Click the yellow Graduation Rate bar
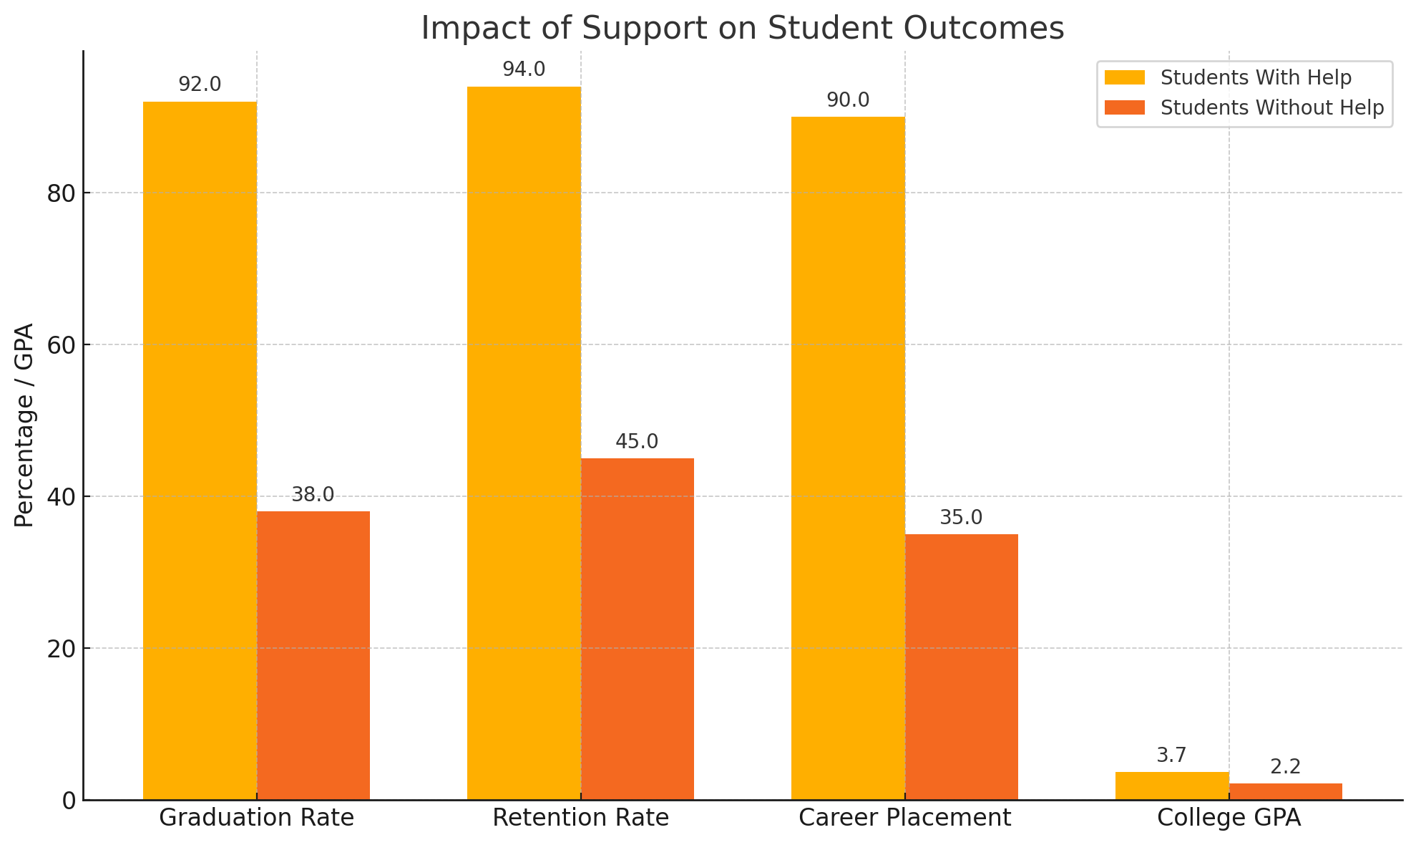[x=200, y=450]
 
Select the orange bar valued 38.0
[x=313, y=655]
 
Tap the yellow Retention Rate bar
[x=524, y=443]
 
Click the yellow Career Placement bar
[x=848, y=458]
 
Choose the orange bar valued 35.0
[x=962, y=667]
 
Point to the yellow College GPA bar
[x=1172, y=786]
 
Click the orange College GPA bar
[x=1286, y=791]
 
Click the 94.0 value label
[x=524, y=69]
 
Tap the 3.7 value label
[x=1172, y=755]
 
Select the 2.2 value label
[x=1286, y=767]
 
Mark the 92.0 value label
[x=200, y=84]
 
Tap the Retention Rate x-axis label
[x=580, y=818]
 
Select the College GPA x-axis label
[x=1229, y=818]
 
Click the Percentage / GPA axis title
[x=24, y=425]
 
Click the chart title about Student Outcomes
[x=742, y=28]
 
